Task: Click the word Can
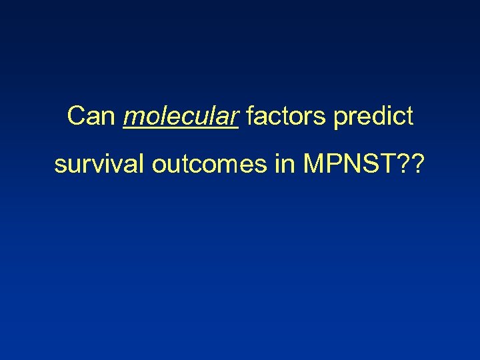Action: click(93, 117)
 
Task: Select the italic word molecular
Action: click(181, 117)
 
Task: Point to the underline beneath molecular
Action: click(181, 129)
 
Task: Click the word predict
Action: click(373, 117)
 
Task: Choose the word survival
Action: click(99, 164)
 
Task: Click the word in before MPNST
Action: click(284, 164)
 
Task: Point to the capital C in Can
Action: click(77, 117)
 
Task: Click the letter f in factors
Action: click(251, 117)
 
